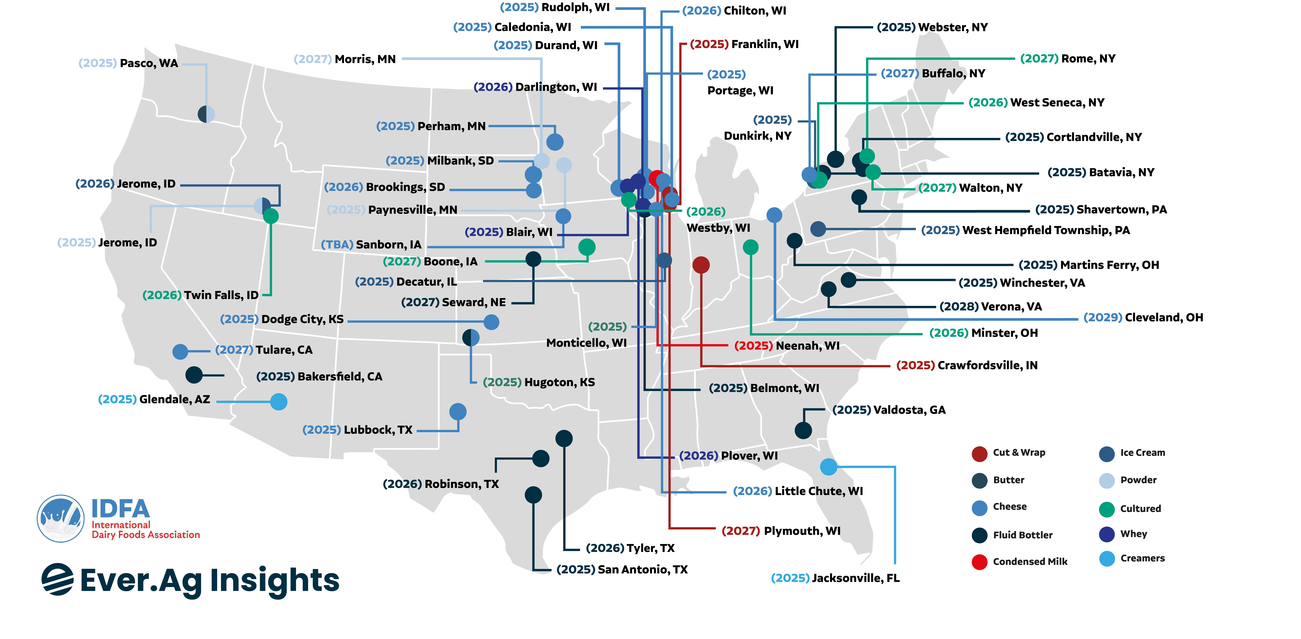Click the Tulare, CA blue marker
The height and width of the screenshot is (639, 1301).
(180, 352)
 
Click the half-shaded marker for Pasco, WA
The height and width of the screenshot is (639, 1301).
(206, 114)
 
